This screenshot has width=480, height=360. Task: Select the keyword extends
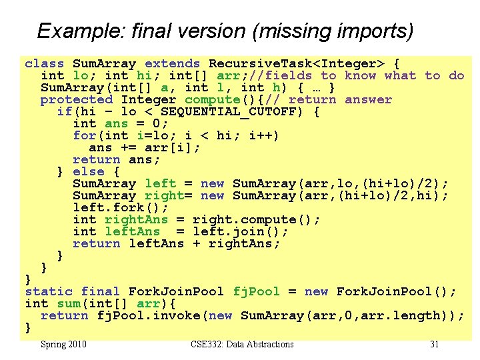pos(172,64)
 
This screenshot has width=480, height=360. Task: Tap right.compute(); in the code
pos(257,220)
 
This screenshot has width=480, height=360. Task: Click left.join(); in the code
pos(241,232)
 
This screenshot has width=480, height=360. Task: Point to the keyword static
pos(48,292)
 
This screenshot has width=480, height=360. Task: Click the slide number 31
pos(434,345)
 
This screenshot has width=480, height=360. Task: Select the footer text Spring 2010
pos(63,345)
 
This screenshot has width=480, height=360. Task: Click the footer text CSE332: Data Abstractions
pos(242,345)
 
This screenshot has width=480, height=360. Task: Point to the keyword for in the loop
pos(85,136)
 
